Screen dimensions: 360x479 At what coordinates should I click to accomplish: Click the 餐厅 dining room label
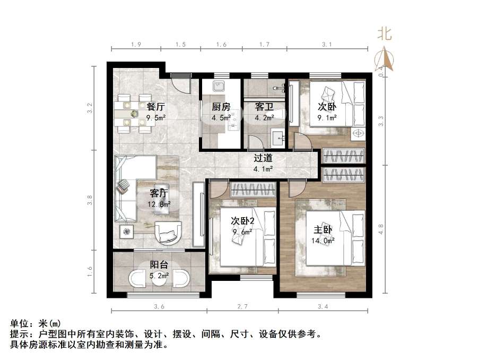pos(155,106)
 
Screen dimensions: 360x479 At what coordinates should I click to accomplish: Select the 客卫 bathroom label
pos(259,106)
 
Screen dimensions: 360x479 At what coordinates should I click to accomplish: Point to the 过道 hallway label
pos(263,158)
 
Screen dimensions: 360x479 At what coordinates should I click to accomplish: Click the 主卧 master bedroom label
pos(323,230)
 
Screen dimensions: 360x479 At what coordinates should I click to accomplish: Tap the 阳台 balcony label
pos(159,264)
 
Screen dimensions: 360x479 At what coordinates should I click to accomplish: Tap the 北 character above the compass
pos(385,35)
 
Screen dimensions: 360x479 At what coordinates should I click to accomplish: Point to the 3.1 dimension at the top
pos(327,45)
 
